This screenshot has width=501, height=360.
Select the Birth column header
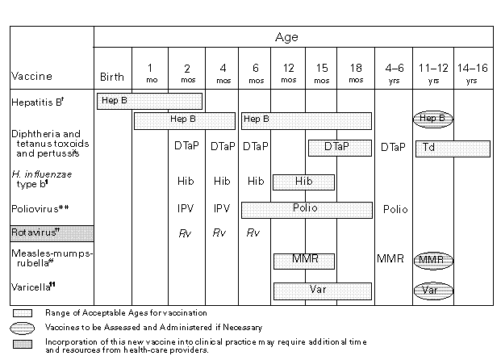coord(112,77)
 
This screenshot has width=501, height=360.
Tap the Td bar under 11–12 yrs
coord(453,149)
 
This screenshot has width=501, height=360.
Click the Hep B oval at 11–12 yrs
coord(433,119)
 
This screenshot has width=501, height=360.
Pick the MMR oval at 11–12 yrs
coord(433,260)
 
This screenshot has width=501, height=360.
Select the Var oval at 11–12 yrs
coord(433,290)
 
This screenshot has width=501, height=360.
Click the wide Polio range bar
coord(306,208)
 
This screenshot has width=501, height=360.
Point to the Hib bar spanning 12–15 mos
coord(304,181)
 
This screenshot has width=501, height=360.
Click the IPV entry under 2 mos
coord(186,208)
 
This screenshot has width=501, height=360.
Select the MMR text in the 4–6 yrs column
coord(391,259)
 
